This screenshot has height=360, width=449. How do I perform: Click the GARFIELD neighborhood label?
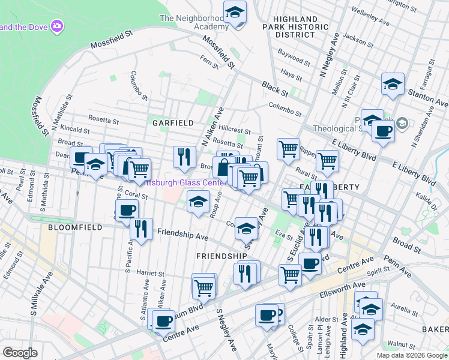tap(173, 122)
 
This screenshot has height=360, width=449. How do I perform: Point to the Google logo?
tap(20, 353)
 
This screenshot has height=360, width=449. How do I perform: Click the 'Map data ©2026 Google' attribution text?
tap(412, 355)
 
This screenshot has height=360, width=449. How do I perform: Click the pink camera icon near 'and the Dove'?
tap(57, 26)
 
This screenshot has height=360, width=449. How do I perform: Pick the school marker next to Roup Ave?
tap(199, 202)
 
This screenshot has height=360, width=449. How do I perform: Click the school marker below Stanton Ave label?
tap(393, 85)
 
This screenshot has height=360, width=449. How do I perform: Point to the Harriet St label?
tap(151, 272)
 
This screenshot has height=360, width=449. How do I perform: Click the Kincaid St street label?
tap(75, 130)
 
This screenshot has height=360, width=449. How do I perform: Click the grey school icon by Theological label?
tap(402, 124)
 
